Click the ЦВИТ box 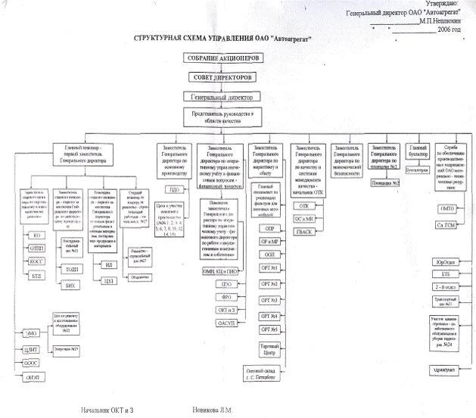point(32,350)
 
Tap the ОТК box point(304,205)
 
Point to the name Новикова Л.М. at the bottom point(215,410)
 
